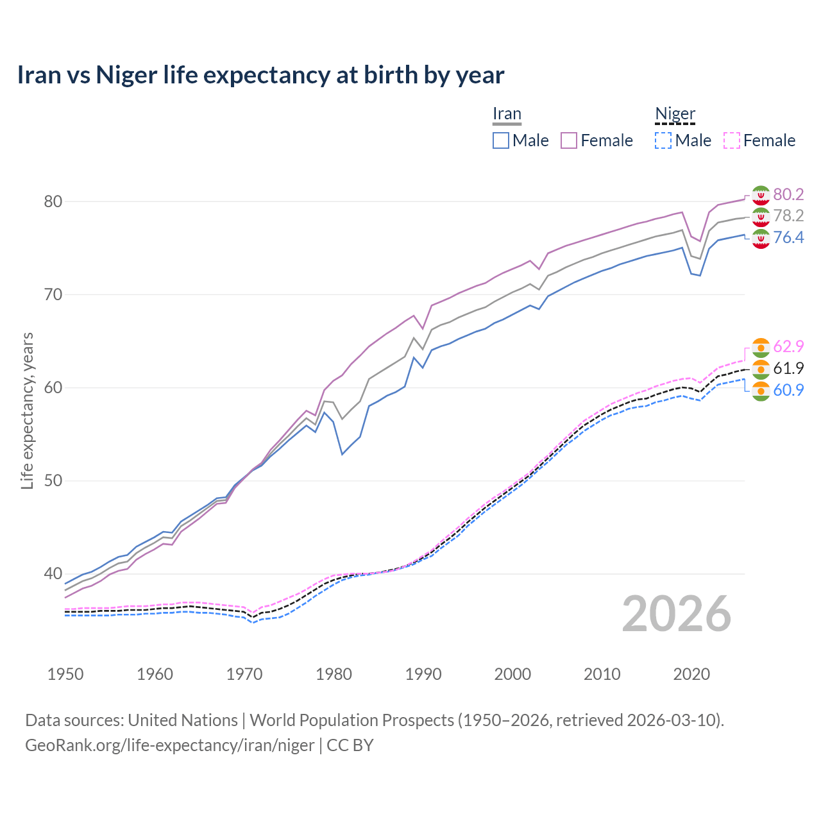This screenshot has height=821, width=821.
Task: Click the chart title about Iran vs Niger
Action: [x=260, y=75]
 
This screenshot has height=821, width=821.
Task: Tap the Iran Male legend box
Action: [x=501, y=140]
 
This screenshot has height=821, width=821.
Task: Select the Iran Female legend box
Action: [x=569, y=140]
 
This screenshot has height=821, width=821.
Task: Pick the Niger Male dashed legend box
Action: [x=663, y=140]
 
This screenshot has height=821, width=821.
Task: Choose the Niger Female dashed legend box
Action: [x=732, y=140]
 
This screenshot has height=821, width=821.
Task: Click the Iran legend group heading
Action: [x=507, y=114]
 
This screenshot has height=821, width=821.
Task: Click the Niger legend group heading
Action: [x=675, y=114]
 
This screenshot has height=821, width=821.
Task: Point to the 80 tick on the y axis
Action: [x=53, y=201]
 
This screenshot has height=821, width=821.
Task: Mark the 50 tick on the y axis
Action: [x=53, y=481]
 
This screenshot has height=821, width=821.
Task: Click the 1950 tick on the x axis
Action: [x=65, y=674]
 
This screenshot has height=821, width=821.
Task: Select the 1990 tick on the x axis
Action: [x=423, y=674]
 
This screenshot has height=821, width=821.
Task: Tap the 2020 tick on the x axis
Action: [x=691, y=674]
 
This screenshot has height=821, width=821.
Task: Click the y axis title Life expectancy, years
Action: [x=27, y=410]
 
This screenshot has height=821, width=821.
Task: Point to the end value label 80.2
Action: [x=788, y=194]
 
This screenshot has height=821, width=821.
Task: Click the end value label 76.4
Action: [x=788, y=238]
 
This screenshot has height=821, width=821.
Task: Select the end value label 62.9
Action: [x=788, y=347]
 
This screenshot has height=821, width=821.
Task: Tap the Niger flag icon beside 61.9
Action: [x=760, y=369]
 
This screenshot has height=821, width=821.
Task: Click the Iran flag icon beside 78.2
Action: [x=760, y=216]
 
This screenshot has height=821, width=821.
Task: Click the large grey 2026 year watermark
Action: [x=676, y=614]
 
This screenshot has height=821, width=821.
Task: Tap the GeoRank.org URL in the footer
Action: [x=169, y=745]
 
